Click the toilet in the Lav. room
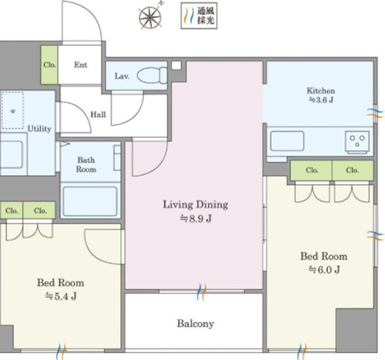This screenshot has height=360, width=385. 152,76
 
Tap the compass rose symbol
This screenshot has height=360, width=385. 150,17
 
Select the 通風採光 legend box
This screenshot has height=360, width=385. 199,15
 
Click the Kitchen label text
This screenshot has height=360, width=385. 321,91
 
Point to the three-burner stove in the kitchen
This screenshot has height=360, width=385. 357,143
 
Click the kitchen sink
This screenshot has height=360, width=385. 287,141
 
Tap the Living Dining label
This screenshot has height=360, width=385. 196,205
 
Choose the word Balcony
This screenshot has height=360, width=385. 196,324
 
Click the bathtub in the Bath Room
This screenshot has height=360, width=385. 90,201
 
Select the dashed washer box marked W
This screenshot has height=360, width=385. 13,110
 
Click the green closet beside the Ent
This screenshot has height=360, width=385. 49,65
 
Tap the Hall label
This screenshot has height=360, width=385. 98,114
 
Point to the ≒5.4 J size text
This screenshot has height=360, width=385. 61,297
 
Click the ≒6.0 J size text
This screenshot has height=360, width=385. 324,270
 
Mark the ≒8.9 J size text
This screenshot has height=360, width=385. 196,219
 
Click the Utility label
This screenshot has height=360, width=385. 39,129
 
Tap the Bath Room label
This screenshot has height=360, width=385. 86,165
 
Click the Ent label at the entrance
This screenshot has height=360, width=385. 81,65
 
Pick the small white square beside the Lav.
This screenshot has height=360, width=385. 176,65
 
